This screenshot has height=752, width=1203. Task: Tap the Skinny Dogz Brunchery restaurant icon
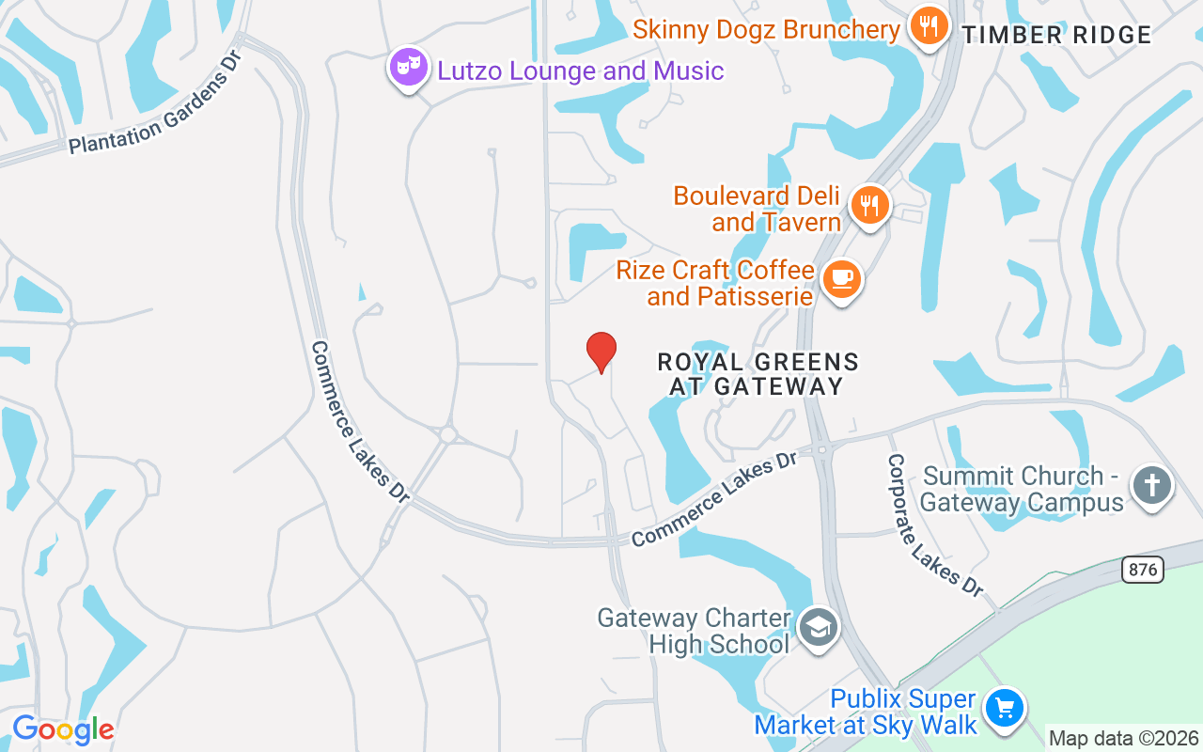[x=929, y=26]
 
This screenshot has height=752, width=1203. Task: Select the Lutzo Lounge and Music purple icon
[x=409, y=68]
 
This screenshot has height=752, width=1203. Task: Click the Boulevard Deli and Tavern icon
[x=870, y=205]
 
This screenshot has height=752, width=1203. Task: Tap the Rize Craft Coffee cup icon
[x=841, y=280]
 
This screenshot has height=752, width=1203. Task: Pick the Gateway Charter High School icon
[x=818, y=627]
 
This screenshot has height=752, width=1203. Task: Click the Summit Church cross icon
[x=1152, y=487]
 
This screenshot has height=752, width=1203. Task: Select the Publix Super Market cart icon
[x=1004, y=709]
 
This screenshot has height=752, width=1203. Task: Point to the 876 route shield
[x=1142, y=569]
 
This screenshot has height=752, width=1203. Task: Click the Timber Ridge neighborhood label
[x=1056, y=36]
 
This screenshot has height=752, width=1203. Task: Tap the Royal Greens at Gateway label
[x=758, y=374]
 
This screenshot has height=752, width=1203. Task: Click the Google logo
[x=63, y=729]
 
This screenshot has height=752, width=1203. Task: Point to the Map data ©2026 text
[x=1124, y=739]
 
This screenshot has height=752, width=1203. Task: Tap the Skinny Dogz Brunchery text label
[x=766, y=29]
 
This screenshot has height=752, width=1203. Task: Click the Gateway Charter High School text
[x=695, y=631]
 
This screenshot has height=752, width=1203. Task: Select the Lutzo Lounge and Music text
[x=581, y=70]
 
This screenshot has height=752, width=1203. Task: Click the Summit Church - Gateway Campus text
[x=1022, y=489]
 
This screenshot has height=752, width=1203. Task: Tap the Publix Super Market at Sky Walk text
[x=866, y=712]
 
